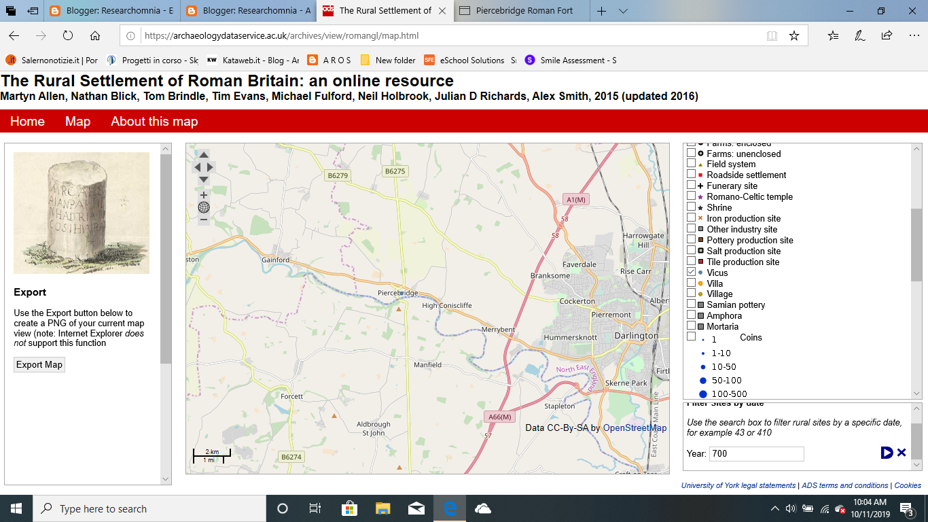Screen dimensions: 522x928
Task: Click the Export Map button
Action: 39,365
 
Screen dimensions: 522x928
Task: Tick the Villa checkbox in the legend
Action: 692,283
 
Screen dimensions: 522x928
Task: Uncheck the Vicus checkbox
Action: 692,273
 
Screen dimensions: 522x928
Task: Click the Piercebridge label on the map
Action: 397,293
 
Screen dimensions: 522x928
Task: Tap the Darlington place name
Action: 636,336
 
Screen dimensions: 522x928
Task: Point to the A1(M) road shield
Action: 575,199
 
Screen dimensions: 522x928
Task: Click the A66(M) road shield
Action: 499,417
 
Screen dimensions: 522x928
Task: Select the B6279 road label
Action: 338,175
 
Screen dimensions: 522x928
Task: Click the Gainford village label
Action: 275,260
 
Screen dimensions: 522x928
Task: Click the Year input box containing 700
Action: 756,453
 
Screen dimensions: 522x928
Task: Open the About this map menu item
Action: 154,122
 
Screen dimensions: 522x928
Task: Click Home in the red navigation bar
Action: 27,122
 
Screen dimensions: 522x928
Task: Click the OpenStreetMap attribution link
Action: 635,428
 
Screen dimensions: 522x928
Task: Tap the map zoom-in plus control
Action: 204,195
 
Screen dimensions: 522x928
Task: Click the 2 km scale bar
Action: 212,452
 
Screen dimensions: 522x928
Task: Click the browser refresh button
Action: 68,36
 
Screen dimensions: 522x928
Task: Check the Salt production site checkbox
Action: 692,251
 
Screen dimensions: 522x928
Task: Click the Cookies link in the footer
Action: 908,485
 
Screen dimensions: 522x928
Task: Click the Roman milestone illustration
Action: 82,213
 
